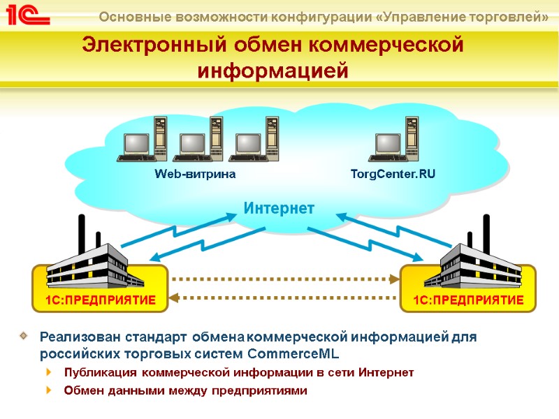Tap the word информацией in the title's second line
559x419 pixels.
pyautogui.click(x=273, y=71)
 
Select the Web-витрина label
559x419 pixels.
pyautogui.click(x=195, y=174)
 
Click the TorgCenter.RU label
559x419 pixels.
pyautogui.click(x=393, y=174)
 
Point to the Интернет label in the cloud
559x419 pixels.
pyautogui.click(x=279, y=207)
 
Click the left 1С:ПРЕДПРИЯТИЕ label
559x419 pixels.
pyautogui.click(x=100, y=300)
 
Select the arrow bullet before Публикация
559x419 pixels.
pyautogui.click(x=48, y=372)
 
